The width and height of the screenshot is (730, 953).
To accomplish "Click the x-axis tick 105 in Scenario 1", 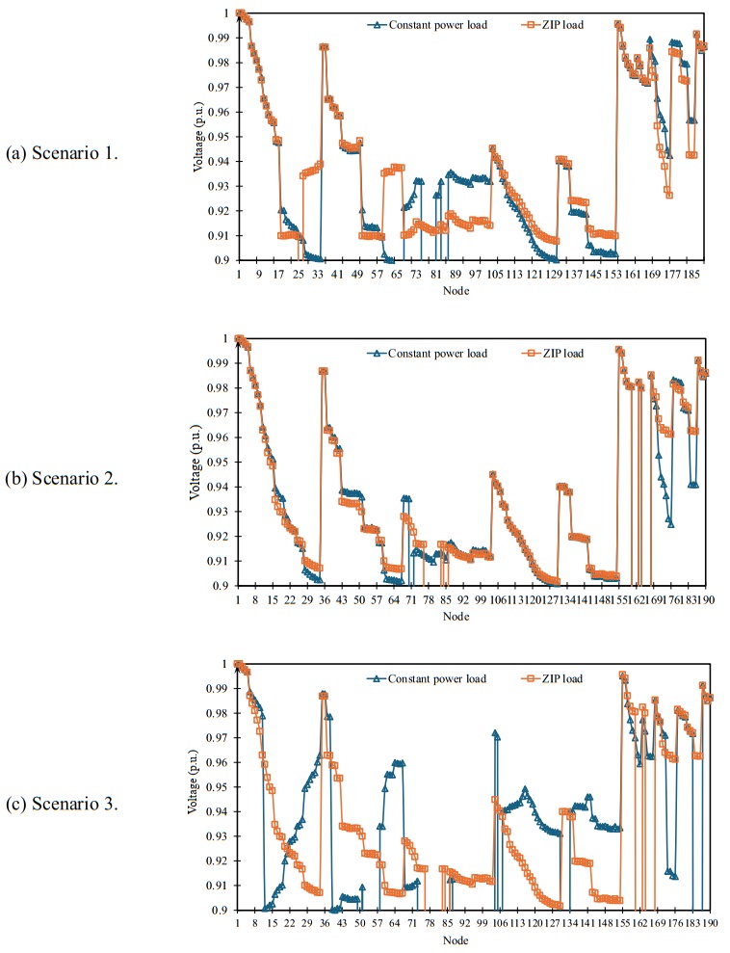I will click(x=494, y=275).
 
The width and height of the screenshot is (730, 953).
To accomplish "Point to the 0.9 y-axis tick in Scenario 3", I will click(x=221, y=911).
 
